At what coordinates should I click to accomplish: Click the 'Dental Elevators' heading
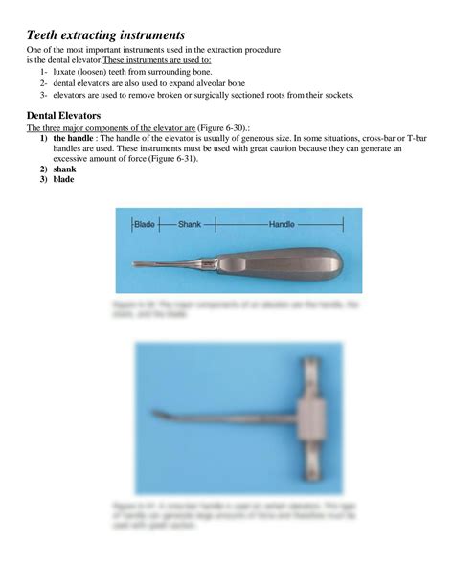pos(63,115)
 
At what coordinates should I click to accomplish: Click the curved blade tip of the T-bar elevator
pos(158,415)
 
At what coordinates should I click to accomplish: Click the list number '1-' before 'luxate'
pos(45,72)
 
